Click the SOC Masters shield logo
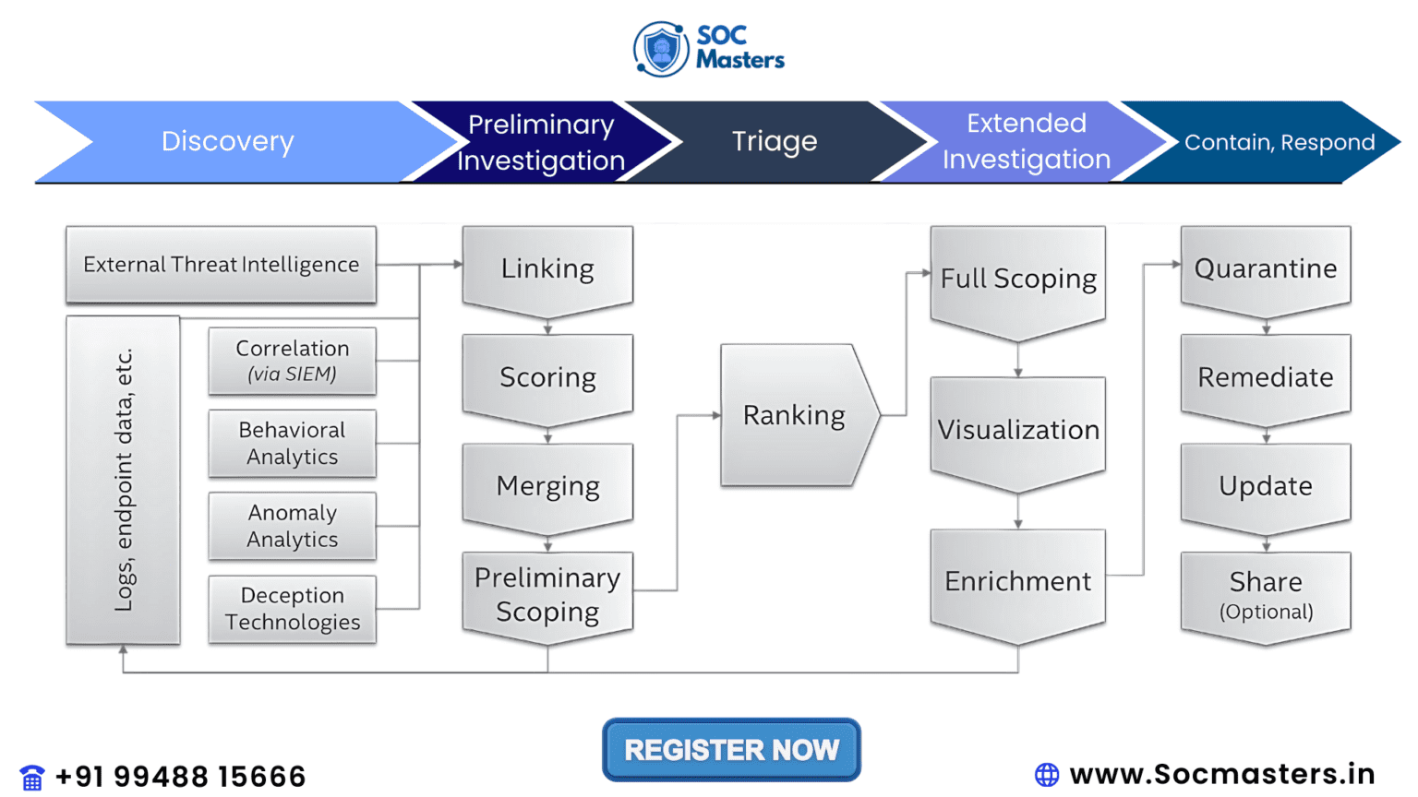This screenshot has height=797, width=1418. click(x=661, y=49)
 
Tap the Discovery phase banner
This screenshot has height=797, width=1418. click(x=227, y=141)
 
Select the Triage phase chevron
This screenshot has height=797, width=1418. click(x=774, y=141)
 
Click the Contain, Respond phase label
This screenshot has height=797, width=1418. click(x=1279, y=142)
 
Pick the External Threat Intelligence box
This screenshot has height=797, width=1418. click(x=221, y=265)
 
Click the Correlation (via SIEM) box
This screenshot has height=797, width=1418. click(x=292, y=361)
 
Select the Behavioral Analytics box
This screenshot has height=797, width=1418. click(x=292, y=444)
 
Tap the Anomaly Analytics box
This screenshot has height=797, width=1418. click(x=292, y=526)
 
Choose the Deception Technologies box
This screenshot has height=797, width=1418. click(x=292, y=609)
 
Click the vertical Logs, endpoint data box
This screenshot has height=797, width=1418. click(x=123, y=480)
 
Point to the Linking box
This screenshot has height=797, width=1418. click(x=547, y=268)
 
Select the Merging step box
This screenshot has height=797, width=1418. click(x=547, y=486)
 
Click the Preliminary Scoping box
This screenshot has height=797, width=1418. click(x=547, y=594)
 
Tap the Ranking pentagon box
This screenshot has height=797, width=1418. click(x=794, y=415)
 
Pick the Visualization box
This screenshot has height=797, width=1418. click(x=1017, y=430)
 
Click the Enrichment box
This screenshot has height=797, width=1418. click(x=1017, y=581)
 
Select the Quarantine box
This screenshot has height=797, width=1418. click(x=1265, y=268)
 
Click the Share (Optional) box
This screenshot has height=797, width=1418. click(x=1265, y=594)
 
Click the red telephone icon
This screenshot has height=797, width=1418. click(x=32, y=778)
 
